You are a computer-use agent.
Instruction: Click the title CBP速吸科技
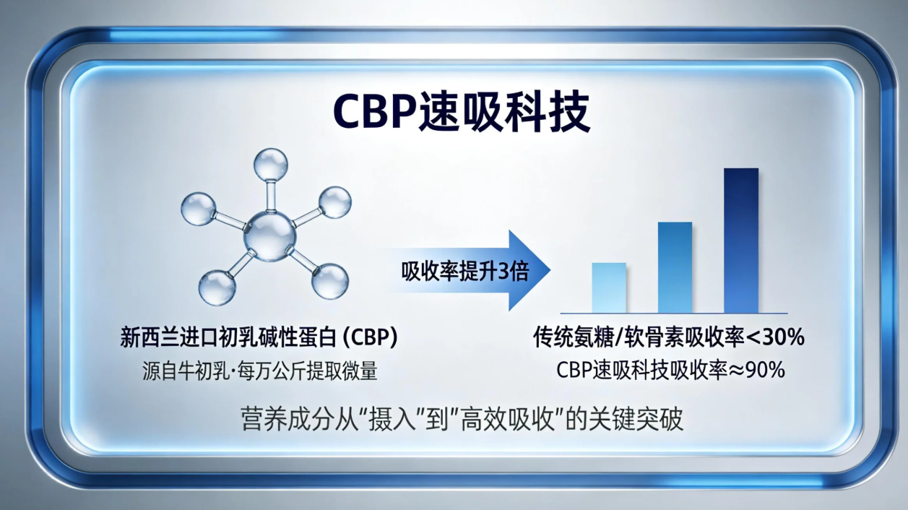pos(462,111)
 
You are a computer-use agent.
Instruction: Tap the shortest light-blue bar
pos(609,288)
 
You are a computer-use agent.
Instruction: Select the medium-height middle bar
pos(675,267)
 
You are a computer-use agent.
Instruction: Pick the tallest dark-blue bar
pos(741,241)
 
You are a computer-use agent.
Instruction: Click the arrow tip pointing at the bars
pos(550,270)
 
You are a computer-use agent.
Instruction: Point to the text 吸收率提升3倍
pos(465,271)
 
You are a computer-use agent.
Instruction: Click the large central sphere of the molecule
pos(269,236)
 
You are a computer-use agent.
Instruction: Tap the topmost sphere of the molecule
pos(271,165)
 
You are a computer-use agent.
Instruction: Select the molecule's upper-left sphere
pos(198,209)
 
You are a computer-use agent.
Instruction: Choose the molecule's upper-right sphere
pos(335,202)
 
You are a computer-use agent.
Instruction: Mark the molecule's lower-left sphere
pos(217,288)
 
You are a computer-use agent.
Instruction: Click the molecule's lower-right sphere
pos(330,281)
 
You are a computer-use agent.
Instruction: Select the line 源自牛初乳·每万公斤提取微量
pos(260,371)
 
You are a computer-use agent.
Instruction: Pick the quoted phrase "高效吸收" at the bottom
pos(506,419)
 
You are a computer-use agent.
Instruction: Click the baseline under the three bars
pos(674,314)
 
